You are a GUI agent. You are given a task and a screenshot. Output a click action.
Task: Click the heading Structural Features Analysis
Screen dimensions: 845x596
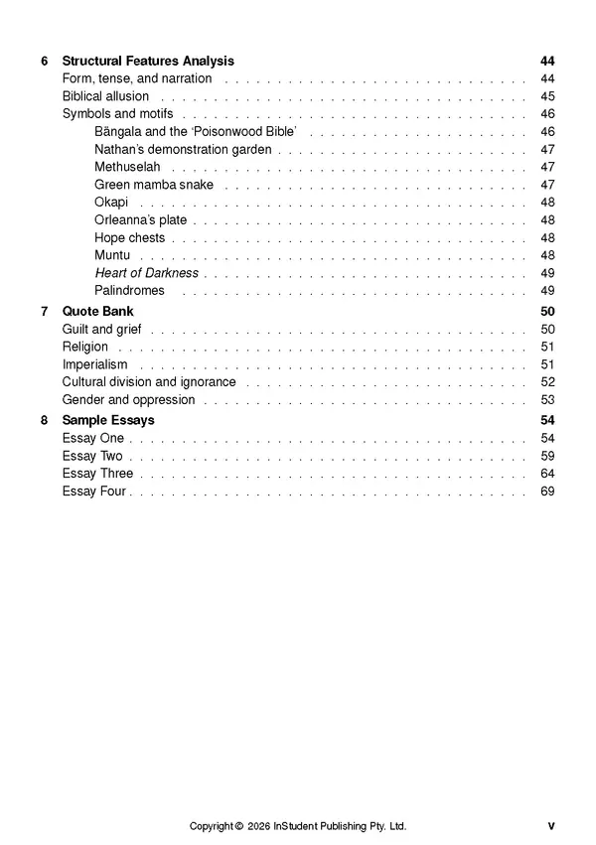[x=148, y=61]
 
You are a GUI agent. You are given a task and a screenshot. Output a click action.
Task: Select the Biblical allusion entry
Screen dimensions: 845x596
[x=105, y=96]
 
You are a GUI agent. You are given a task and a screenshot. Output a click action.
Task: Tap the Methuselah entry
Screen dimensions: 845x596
[x=127, y=167]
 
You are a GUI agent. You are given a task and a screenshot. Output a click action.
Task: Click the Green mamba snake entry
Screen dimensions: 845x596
[x=154, y=185]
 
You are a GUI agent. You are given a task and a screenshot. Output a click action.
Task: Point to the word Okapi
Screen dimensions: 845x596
[x=111, y=203]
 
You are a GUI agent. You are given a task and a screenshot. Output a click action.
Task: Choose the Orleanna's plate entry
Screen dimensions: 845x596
[x=140, y=220]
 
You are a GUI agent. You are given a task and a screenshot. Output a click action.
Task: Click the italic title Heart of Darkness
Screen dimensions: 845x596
[x=146, y=273]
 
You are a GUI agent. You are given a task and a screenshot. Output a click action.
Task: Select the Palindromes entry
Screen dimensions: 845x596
[x=129, y=291]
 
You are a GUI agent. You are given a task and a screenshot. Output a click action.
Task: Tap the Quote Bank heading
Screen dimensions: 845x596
[x=97, y=311]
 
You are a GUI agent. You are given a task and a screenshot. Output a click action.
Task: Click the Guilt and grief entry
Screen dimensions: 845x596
[x=101, y=329]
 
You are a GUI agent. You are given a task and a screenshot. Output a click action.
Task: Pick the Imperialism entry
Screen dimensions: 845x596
[x=94, y=364]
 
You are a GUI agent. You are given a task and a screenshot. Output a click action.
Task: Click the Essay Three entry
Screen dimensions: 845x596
[x=97, y=474]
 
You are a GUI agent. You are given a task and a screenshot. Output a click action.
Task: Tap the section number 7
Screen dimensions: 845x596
[x=45, y=311]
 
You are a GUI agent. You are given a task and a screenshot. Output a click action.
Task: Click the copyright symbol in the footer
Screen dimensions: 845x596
[x=239, y=826]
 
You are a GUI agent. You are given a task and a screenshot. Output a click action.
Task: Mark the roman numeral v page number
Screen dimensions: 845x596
[x=550, y=826]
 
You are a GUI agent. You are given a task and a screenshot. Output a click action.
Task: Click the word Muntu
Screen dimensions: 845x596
[x=112, y=255]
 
